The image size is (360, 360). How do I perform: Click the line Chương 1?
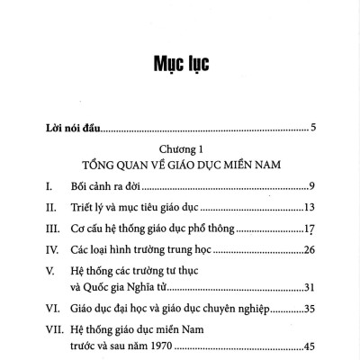(181, 148)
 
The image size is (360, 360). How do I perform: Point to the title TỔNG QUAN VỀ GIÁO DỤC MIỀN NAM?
(181, 165)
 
